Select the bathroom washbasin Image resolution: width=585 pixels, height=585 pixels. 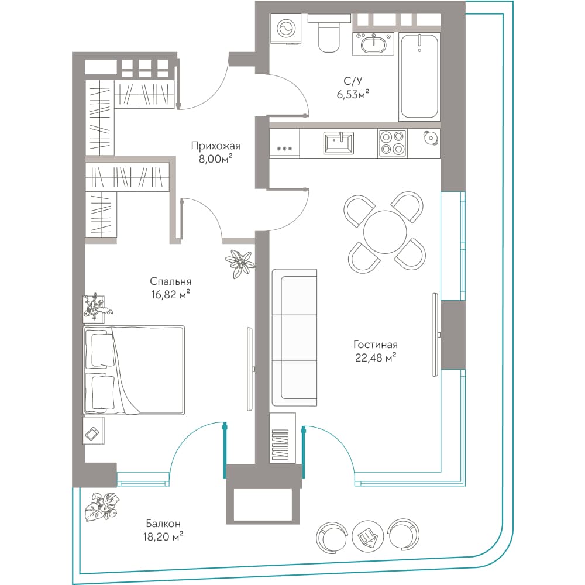pyautogui.click(x=373, y=44)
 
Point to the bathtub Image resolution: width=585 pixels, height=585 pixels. pyautogui.click(x=419, y=77)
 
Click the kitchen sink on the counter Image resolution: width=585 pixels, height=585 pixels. pyautogui.click(x=339, y=143)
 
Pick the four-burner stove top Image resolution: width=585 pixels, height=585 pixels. pyautogui.click(x=393, y=143)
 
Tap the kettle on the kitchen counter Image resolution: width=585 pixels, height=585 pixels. pyautogui.click(x=431, y=138)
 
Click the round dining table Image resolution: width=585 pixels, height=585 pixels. pyautogui.click(x=385, y=232)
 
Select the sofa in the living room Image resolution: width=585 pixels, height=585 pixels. pyautogui.click(x=294, y=338)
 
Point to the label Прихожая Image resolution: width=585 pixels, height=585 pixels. pyautogui.click(x=216, y=146)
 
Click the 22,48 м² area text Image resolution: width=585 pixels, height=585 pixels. pyautogui.click(x=376, y=358)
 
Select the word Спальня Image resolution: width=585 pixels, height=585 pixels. pyautogui.click(x=170, y=281)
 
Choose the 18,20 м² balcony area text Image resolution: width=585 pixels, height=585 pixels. pyautogui.click(x=163, y=536)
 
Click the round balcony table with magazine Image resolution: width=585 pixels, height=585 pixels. pyautogui.click(x=368, y=536)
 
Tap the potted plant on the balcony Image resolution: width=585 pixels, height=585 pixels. pyautogui.click(x=101, y=507)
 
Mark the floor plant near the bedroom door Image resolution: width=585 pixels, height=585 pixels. pyautogui.click(x=239, y=263)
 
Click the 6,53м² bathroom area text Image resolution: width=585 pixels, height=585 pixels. pyautogui.click(x=353, y=94)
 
